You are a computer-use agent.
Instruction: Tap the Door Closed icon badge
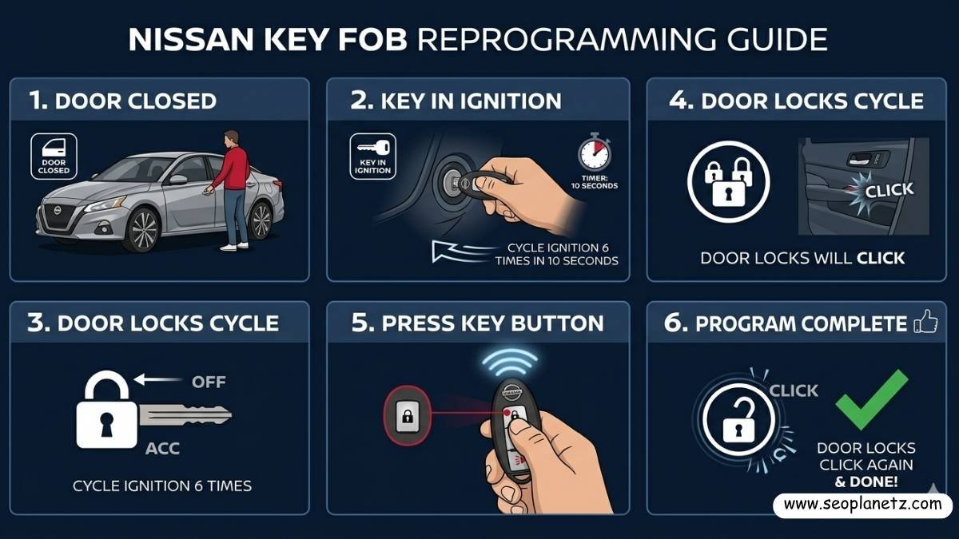pyautogui.click(x=54, y=156)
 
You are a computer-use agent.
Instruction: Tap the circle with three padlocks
pyautogui.click(x=728, y=181)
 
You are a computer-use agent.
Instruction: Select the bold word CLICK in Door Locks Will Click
pyautogui.click(x=881, y=258)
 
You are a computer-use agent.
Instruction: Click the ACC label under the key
pyautogui.click(x=162, y=449)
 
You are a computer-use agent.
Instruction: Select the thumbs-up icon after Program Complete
pyautogui.click(x=925, y=322)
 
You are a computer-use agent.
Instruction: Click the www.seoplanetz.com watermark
pyautogui.click(x=863, y=505)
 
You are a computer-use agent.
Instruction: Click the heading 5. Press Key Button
pyautogui.click(x=478, y=323)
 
